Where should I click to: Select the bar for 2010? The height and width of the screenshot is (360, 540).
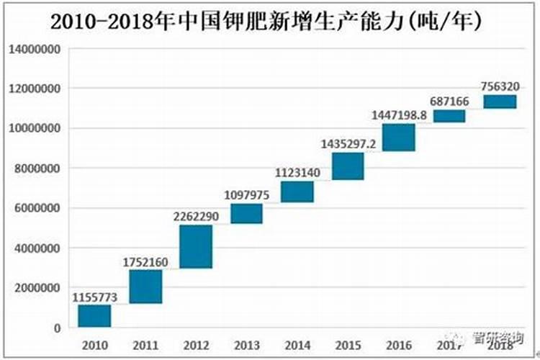(94, 316)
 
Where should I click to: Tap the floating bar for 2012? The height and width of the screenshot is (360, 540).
(196, 246)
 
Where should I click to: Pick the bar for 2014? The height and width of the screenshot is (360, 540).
(297, 192)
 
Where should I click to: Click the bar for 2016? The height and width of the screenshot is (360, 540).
(398, 138)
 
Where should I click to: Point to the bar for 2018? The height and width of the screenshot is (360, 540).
(500, 102)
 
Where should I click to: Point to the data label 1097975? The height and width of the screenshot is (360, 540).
(246, 194)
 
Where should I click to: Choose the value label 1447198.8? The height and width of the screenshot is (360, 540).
(398, 114)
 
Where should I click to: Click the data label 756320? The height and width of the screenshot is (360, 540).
(500, 86)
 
